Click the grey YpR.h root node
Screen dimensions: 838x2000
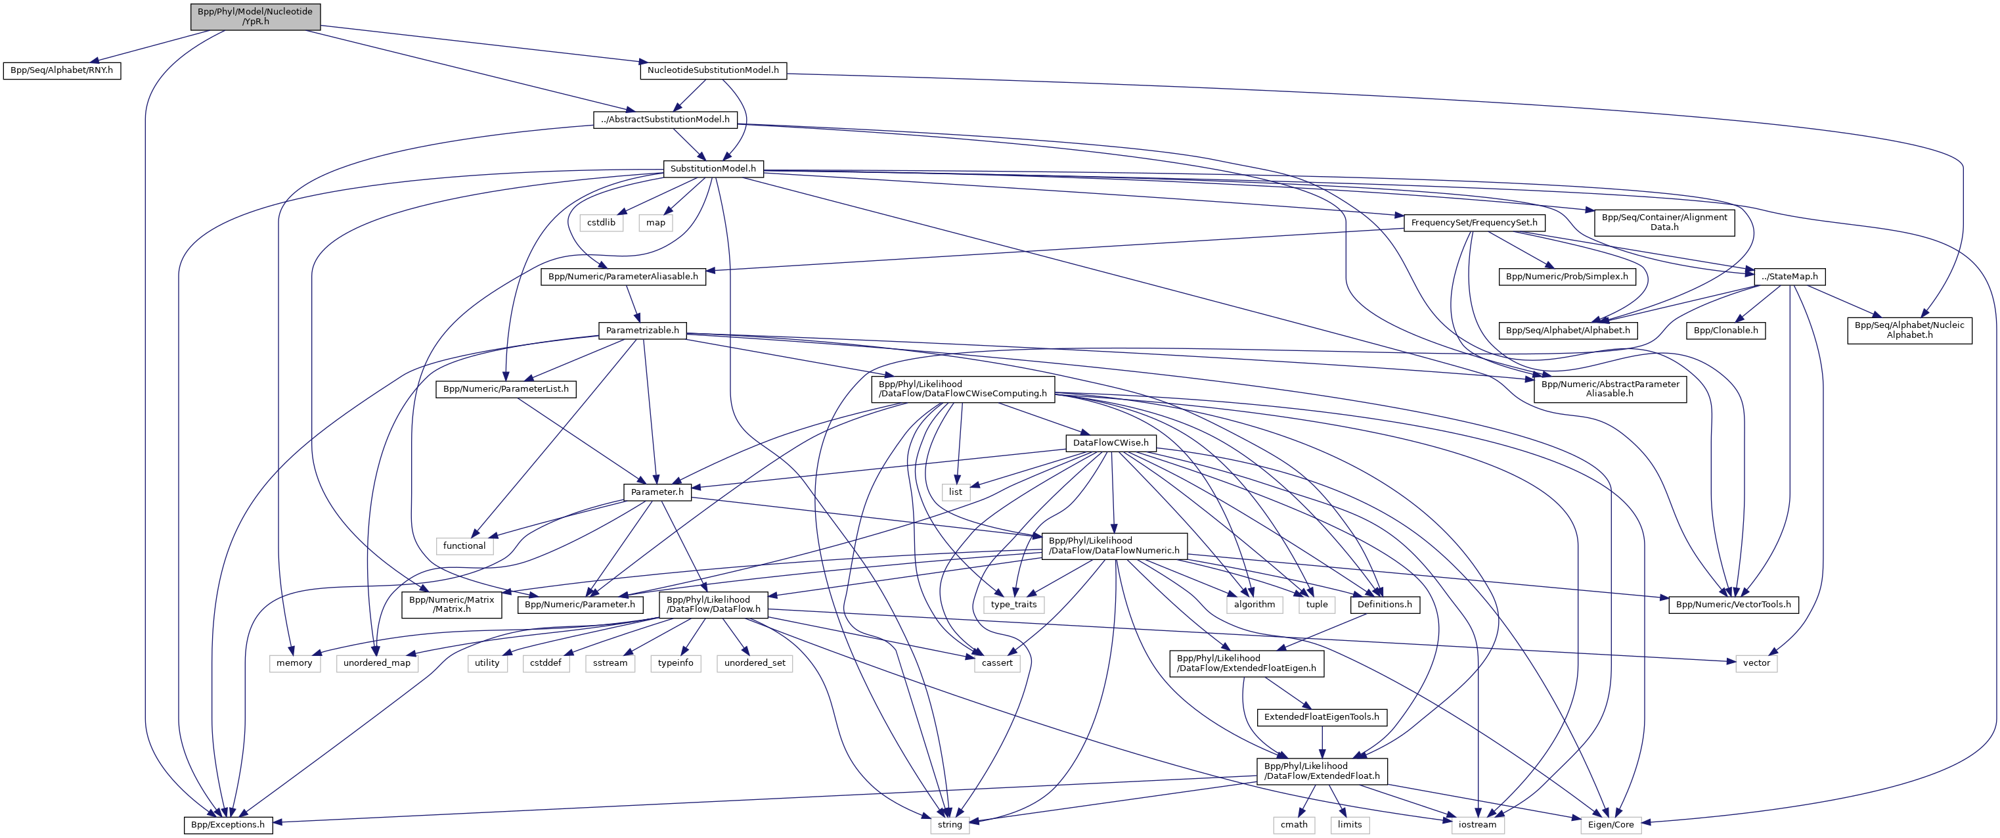coord(255,16)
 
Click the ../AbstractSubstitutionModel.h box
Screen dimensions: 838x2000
coord(665,120)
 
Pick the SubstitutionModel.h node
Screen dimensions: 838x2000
coord(713,168)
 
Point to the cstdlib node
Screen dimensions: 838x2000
coord(601,223)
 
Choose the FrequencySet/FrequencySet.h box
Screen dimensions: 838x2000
coord(1474,223)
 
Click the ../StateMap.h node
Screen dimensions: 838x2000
coord(1789,277)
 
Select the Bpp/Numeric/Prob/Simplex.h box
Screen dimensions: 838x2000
coord(1567,277)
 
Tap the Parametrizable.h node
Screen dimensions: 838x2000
coord(642,331)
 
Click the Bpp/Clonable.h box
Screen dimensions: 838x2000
coord(1725,331)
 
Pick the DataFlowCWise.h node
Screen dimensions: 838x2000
coord(1110,444)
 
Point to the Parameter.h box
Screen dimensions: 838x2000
coord(657,492)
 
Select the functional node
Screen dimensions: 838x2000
coord(464,546)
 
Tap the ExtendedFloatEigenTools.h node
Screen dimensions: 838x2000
coord(1322,717)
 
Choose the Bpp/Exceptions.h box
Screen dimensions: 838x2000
coord(229,825)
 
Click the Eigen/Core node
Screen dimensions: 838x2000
coord(1611,825)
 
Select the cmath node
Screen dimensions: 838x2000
coord(1293,825)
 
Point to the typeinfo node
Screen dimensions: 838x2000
coord(675,663)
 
